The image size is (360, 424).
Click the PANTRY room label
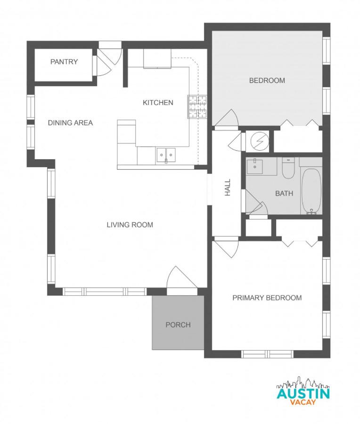(x=64, y=62)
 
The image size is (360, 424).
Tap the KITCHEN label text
(x=158, y=102)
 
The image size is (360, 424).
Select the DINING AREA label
(x=70, y=122)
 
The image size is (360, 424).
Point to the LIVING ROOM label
(x=130, y=225)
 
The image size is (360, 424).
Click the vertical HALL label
(x=228, y=187)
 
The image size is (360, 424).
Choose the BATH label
(x=284, y=193)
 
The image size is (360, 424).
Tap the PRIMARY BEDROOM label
(x=267, y=298)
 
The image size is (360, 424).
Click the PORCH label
(x=178, y=325)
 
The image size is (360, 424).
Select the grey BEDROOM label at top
(x=267, y=81)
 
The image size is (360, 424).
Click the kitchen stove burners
(x=198, y=107)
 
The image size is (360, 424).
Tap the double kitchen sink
(x=165, y=155)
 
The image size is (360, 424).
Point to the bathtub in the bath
(x=311, y=191)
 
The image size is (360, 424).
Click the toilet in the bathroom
(x=288, y=168)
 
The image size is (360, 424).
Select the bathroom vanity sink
(x=255, y=165)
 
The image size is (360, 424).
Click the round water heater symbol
(x=258, y=140)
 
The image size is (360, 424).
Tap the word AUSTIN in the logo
(x=303, y=393)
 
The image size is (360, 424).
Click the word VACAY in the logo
(x=303, y=402)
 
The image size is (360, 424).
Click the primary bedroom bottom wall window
(x=267, y=354)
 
